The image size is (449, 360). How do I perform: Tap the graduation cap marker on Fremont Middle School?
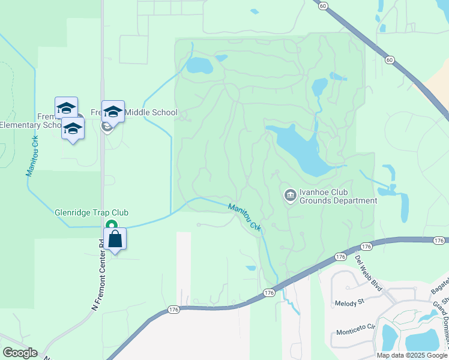113,111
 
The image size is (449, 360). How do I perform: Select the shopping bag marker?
115,239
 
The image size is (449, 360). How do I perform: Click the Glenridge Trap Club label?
91,212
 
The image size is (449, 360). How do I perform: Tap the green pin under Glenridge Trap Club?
111,225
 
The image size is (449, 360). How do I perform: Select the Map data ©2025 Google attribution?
412,355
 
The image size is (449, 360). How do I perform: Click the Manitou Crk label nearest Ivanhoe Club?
245,216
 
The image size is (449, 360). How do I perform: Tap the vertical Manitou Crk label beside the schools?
31,155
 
